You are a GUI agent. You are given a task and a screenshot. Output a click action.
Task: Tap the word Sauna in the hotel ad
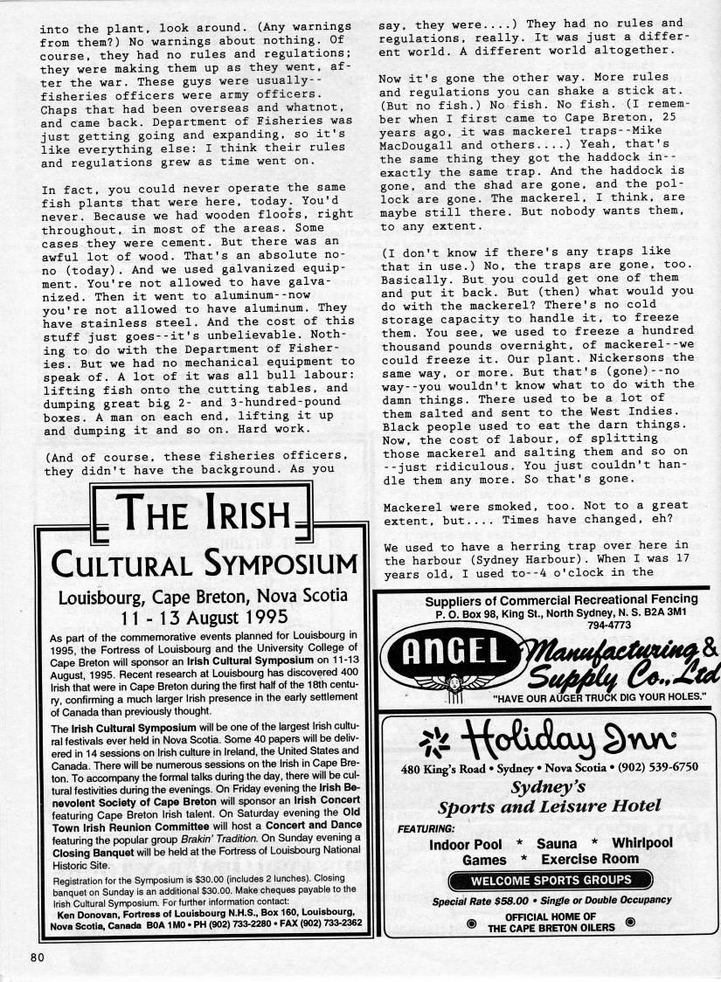click(x=557, y=843)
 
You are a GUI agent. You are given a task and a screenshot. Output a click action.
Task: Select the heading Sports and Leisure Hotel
click(x=549, y=806)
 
